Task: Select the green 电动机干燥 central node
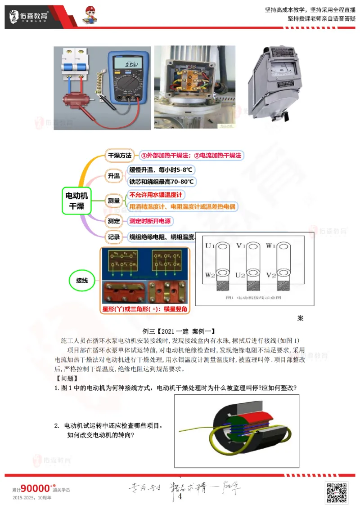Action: (x=77, y=201)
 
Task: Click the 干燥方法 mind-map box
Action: (x=119, y=156)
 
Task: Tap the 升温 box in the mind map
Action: (x=113, y=176)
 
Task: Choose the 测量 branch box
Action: (x=113, y=201)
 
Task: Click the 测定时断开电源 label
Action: (x=150, y=221)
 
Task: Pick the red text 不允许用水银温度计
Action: (x=156, y=195)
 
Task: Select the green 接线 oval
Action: (x=82, y=281)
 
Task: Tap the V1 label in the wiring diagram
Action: (x=241, y=246)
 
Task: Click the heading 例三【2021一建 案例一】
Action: (x=180, y=330)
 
